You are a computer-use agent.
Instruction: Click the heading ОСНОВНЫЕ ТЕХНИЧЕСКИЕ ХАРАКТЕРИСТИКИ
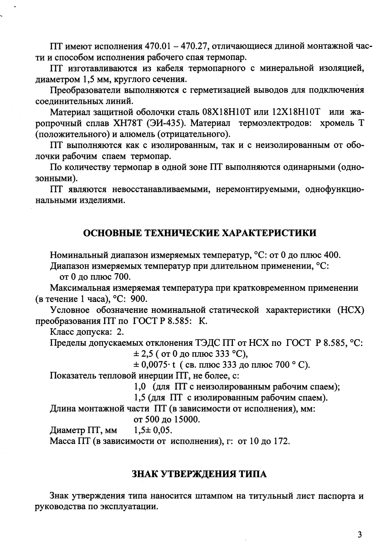[x=199, y=233]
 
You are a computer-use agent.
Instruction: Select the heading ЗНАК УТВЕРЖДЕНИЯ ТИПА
[x=199, y=474]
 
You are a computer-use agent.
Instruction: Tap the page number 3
[x=360, y=535]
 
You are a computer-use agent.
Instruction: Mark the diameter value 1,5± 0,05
[x=153, y=431]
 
